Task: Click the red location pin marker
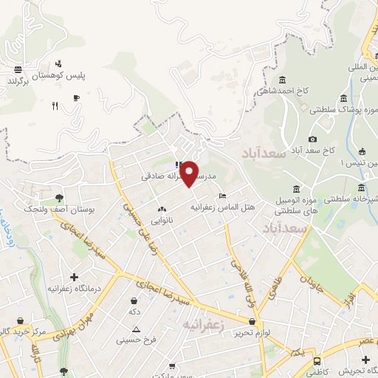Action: point(189,172)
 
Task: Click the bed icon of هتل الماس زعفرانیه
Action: point(222,196)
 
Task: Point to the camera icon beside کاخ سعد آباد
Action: point(313,139)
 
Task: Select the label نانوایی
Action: point(162,221)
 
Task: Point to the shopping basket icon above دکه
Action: point(134,301)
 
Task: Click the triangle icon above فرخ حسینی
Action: point(136,329)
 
